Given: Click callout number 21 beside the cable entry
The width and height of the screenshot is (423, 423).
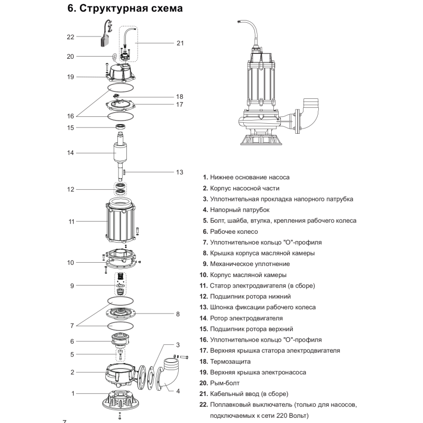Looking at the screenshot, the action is (180, 43).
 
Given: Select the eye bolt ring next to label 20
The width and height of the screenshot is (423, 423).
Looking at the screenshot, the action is (115, 57).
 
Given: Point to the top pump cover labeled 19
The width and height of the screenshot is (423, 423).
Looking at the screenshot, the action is (121, 72).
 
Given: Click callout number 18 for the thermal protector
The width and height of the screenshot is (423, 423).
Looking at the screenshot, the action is (180, 97).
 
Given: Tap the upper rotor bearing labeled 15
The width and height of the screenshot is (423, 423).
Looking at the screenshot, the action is (121, 126).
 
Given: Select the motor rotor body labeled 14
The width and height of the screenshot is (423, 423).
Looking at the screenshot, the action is (120, 153).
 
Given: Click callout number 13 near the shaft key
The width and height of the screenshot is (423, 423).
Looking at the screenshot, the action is (180, 172).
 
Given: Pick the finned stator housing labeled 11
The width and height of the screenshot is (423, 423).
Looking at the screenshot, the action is (121, 220).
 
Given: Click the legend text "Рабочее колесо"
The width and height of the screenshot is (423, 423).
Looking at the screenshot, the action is (234, 232).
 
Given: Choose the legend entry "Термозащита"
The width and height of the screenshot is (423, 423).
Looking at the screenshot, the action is (230, 362).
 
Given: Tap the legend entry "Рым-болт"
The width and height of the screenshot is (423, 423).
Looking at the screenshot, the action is (225, 383).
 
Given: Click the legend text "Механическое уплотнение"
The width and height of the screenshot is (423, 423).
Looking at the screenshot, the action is (250, 264).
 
